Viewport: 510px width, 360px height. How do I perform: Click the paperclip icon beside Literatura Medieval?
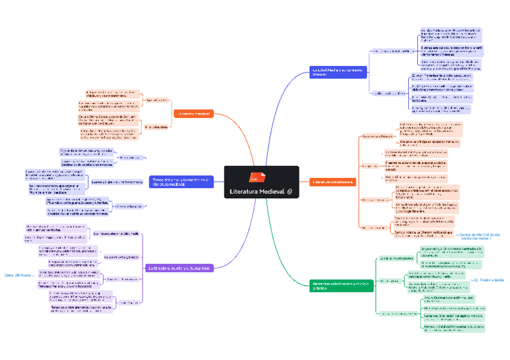(290, 191)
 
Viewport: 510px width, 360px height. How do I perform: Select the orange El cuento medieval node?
(194, 114)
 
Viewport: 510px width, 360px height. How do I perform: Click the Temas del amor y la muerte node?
(181, 182)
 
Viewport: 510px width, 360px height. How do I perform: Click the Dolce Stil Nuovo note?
(17, 275)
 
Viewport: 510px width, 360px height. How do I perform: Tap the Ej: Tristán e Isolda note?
(489, 280)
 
